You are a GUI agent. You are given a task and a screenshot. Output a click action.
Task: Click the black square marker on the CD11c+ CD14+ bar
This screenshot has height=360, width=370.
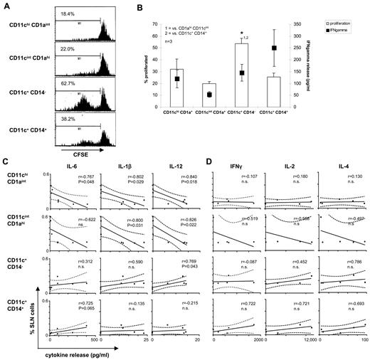click(273, 48)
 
